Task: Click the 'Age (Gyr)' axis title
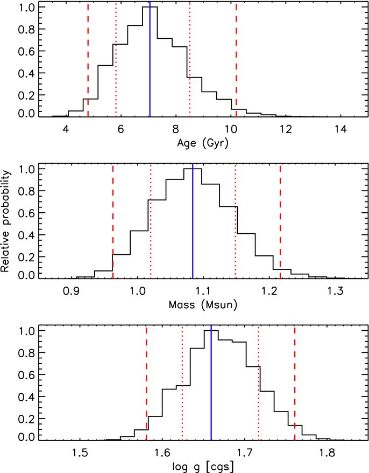[202, 143]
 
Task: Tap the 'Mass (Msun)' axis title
[203, 304]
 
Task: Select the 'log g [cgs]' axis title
[203, 467]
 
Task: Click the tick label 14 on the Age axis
[340, 129]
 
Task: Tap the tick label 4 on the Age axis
[66, 129]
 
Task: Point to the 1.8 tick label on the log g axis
[327, 454]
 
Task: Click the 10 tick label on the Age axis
[231, 129]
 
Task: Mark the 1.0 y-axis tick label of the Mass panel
[26, 169]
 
